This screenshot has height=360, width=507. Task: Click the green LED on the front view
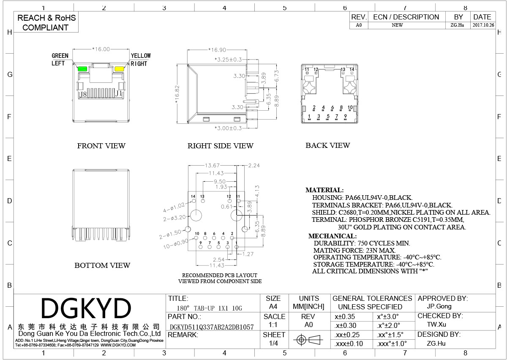[x=82, y=69]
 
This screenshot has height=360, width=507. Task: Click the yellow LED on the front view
[x=120, y=69]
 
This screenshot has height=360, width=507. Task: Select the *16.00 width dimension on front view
[x=101, y=49]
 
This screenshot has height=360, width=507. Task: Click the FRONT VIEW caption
[x=101, y=146]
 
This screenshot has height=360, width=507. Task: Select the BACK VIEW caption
[x=328, y=145]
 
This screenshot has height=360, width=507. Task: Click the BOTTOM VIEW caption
[x=102, y=265]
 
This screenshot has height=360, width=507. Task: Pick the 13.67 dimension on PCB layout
[x=212, y=165]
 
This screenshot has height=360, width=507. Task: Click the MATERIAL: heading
[x=324, y=190]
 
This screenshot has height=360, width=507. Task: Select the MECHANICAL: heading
[x=333, y=236]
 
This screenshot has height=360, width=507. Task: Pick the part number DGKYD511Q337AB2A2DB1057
[x=211, y=327]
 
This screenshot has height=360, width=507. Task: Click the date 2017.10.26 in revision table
[x=482, y=25]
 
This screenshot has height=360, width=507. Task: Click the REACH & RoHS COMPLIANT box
[x=46, y=23]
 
